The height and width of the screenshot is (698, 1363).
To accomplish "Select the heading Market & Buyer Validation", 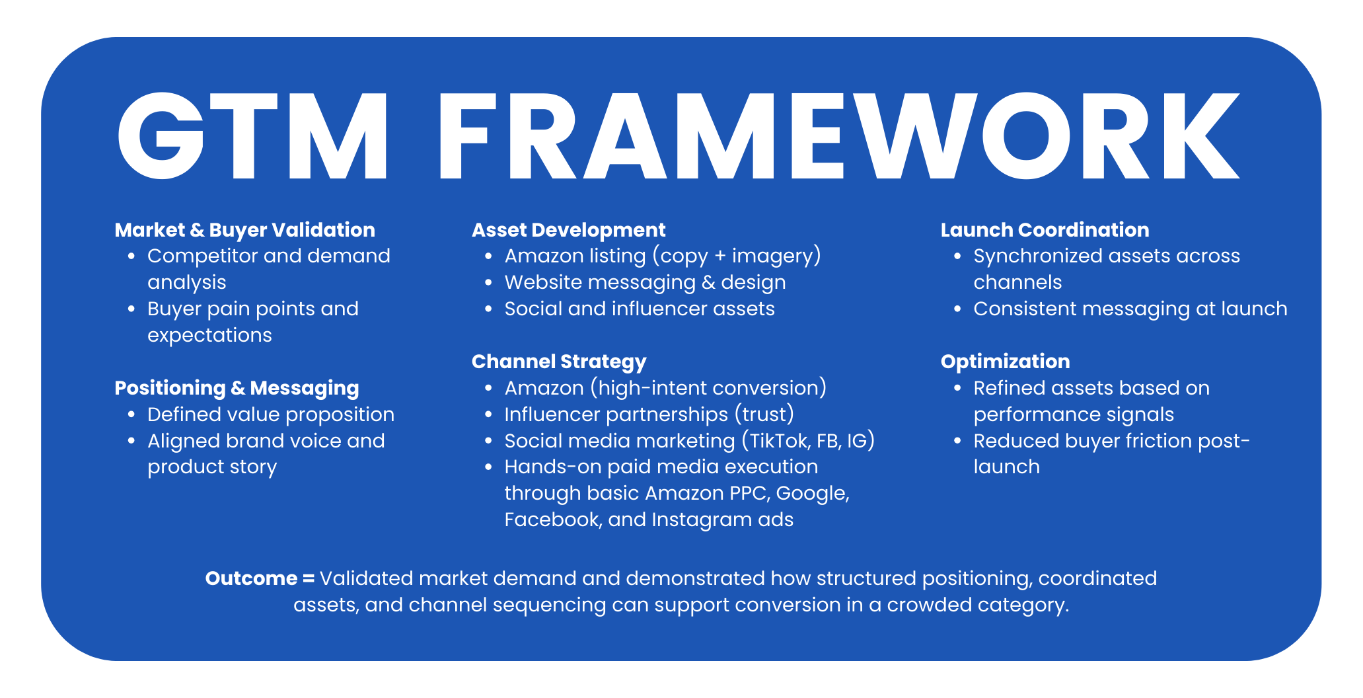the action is pos(245,230).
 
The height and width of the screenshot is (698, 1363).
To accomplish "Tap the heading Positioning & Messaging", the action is pos(237,388).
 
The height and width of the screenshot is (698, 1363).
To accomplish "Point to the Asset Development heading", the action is pos(568,230).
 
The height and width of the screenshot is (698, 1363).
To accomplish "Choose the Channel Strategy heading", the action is pos(559,362).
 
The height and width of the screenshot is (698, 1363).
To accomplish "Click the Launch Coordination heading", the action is pos(1045,230).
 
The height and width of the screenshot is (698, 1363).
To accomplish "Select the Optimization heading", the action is pos(1005,362).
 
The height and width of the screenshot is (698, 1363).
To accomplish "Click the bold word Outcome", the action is pos(251,578).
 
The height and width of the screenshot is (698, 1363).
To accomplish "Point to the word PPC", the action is pos(750,493).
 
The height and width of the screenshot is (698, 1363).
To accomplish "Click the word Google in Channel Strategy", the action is pos(812,494).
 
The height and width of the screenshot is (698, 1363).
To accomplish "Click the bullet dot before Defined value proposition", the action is pos(131,414).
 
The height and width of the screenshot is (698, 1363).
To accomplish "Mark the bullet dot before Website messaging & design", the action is pos(488,282).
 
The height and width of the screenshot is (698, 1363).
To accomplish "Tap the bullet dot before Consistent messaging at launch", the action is pos(957,309).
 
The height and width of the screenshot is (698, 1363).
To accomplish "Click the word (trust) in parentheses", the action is pos(764,414).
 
